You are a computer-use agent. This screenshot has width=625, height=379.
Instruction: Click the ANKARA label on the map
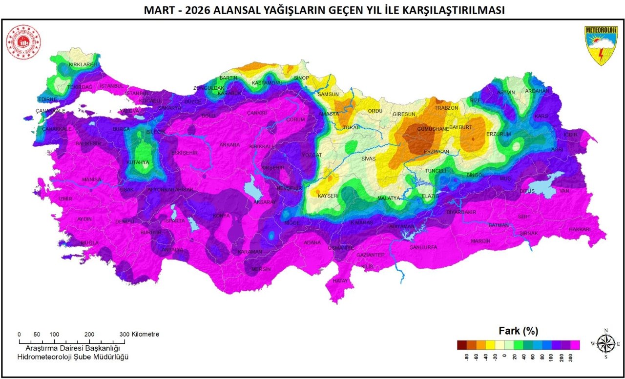[x=229, y=145]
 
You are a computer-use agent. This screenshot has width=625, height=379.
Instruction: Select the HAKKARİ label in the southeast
[x=580, y=229]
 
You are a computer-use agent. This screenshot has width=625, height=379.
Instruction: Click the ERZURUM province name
[x=499, y=134]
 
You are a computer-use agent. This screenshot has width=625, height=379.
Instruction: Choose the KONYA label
[x=221, y=216]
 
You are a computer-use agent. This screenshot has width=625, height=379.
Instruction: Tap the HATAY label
[x=340, y=281]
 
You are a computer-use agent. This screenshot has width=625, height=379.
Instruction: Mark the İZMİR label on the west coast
[x=65, y=199]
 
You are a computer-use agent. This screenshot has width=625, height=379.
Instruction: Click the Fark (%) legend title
[x=518, y=331]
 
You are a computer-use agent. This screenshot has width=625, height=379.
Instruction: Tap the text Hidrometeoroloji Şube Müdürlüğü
[x=72, y=358]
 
